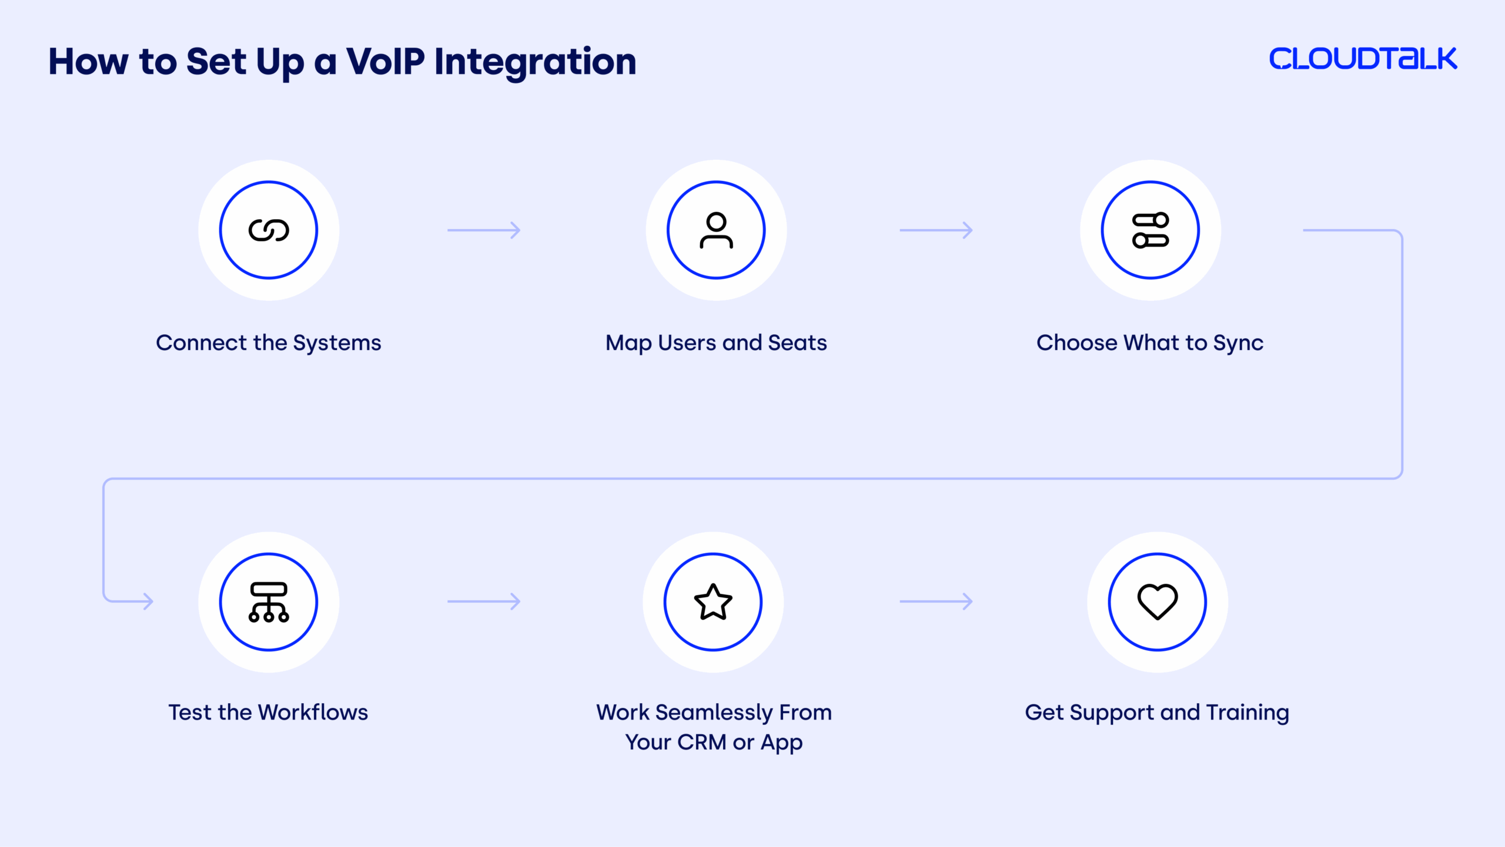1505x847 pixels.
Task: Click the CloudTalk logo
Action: point(1363,59)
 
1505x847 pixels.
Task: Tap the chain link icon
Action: point(269,230)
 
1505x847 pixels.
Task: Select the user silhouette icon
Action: point(716,230)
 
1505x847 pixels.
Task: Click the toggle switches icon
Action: point(1151,230)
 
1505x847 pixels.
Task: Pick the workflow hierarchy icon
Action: point(269,602)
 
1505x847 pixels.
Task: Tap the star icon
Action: point(713,602)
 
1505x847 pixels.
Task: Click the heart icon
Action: point(1157,602)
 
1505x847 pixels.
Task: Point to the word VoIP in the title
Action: point(385,62)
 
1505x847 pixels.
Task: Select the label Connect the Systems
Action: point(269,343)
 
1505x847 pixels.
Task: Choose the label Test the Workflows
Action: point(269,712)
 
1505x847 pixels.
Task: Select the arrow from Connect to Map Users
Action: point(484,230)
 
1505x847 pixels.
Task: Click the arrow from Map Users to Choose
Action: point(936,230)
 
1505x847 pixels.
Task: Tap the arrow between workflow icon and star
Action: point(484,601)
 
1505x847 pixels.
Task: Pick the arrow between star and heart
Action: point(936,601)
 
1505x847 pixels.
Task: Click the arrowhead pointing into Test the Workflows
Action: point(147,601)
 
